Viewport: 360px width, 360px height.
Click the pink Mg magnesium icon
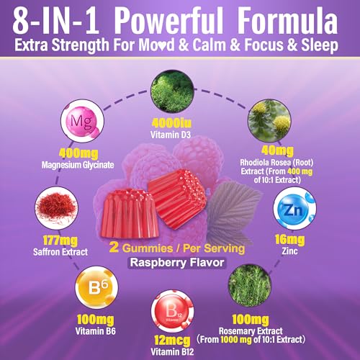tap(82, 121)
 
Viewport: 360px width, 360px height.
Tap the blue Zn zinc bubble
tap(294, 208)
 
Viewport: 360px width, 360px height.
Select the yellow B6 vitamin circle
tap(96, 287)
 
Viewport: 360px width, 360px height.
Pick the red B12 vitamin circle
tap(172, 312)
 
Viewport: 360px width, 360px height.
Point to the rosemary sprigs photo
tap(250, 286)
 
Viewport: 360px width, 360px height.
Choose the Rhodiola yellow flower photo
tap(269, 121)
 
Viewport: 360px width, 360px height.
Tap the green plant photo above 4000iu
tap(172, 91)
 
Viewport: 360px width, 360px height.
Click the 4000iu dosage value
tap(171, 123)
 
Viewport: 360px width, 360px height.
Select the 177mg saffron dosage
tap(60, 240)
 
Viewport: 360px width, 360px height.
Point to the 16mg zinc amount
tap(289, 240)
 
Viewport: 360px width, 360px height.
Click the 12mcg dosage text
tap(172, 341)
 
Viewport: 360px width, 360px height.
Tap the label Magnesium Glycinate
tap(78, 165)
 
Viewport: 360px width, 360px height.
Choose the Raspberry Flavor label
tap(177, 263)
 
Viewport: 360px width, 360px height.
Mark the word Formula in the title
tap(288, 21)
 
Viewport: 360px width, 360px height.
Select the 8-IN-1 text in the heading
tap(55, 21)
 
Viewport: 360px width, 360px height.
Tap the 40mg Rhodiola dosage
tap(277, 150)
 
